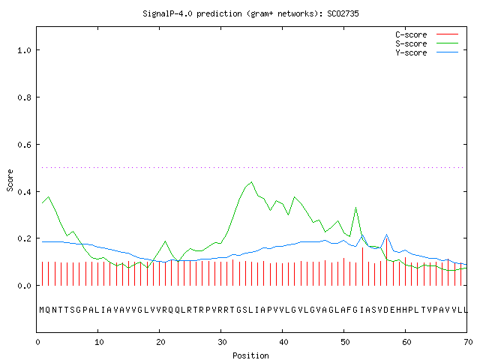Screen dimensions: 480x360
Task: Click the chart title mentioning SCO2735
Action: click(x=250, y=13)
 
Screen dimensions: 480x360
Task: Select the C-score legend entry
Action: click(x=427, y=34)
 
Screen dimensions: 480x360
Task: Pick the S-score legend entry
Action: click(x=427, y=43)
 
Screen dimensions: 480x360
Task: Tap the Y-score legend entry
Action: click(x=427, y=52)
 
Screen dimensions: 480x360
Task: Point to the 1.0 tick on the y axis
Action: click(x=24, y=50)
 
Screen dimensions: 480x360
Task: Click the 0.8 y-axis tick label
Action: click(x=24, y=97)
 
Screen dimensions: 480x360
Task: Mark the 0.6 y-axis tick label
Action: click(x=24, y=145)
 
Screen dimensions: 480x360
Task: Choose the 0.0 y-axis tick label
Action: click(x=24, y=286)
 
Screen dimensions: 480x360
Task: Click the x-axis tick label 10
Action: click(x=99, y=342)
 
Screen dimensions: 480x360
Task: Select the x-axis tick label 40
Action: click(x=283, y=342)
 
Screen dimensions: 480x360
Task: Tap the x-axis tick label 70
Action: click(x=468, y=342)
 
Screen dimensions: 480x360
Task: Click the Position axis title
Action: click(x=250, y=355)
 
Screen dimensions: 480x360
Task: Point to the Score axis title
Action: click(x=10, y=180)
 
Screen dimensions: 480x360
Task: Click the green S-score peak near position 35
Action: click(x=252, y=181)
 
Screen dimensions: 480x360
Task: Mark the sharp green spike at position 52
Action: click(x=355, y=208)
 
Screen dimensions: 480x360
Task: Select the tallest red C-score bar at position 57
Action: click(x=387, y=262)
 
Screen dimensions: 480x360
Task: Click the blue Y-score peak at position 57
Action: click(x=387, y=235)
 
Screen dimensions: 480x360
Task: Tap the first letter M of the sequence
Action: click(x=42, y=310)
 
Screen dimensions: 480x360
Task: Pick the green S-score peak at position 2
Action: click(x=48, y=196)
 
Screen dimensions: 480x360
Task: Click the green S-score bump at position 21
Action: click(x=165, y=241)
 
